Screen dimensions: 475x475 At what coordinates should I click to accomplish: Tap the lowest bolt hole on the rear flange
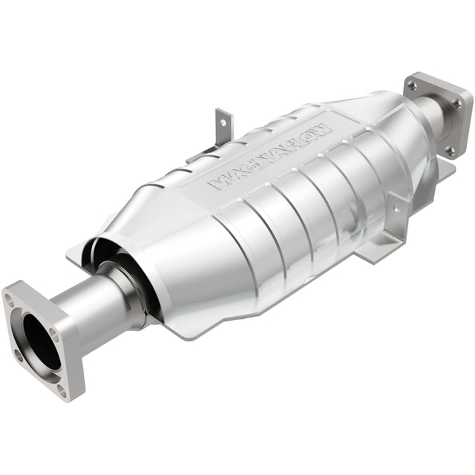click(449, 151)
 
